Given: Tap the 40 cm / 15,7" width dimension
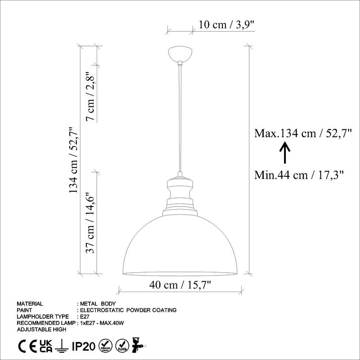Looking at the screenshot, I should point(180,284).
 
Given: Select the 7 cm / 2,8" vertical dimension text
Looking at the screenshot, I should point(91,97).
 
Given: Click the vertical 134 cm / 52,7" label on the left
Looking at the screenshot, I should point(73,160).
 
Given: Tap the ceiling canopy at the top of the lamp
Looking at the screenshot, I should point(180,54).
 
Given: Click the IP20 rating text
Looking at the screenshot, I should point(84,346).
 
